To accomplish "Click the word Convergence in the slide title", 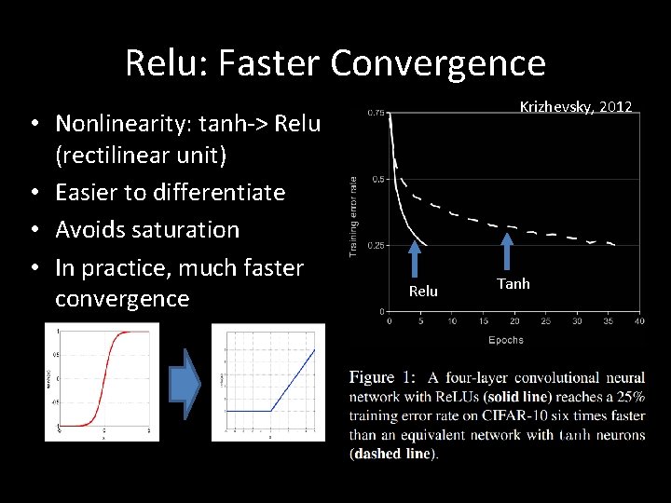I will click(x=437, y=63).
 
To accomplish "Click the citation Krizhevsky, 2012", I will click(x=575, y=107).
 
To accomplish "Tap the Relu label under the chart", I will click(x=423, y=292).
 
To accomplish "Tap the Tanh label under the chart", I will click(x=513, y=283).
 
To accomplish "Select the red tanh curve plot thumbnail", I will click(x=102, y=382).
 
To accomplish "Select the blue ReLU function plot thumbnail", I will click(x=268, y=382).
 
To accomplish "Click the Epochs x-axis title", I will click(x=506, y=340).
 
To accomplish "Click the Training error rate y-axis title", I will click(x=354, y=216).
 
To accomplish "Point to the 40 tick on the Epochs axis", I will click(x=639, y=322).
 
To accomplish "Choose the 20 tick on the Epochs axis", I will click(x=514, y=322).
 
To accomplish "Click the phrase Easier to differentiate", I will click(x=170, y=192).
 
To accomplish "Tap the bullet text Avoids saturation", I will click(x=147, y=229).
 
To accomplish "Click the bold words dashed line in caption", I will click(x=393, y=454).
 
